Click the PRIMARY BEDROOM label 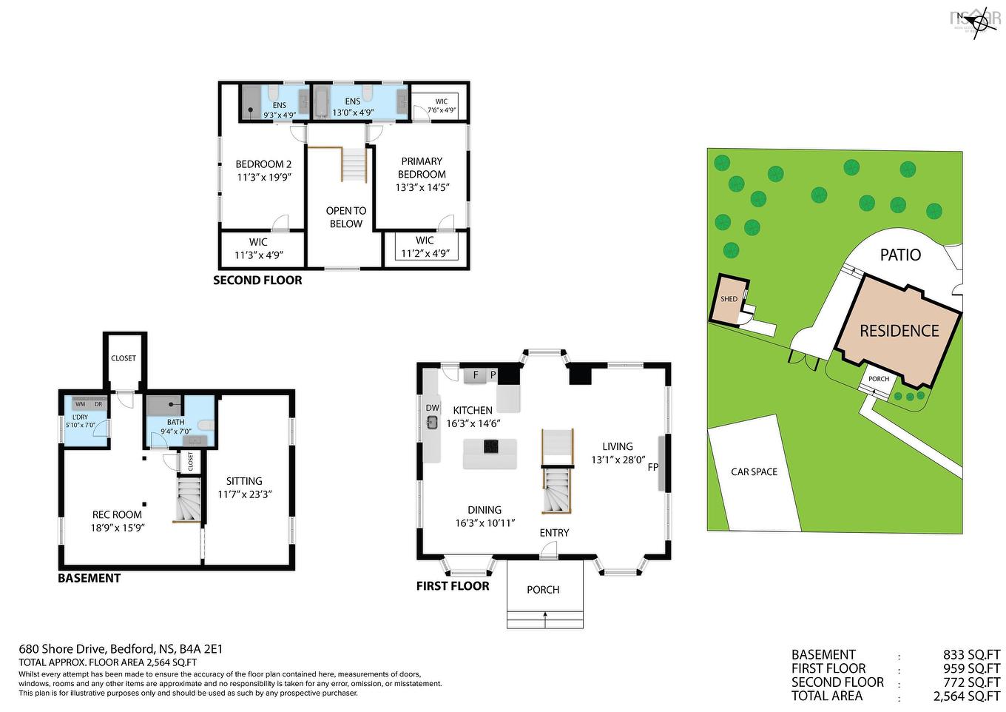point(422,168)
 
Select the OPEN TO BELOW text point(345,217)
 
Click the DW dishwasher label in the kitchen point(433,408)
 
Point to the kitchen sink point(433,422)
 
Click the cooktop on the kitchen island point(490,446)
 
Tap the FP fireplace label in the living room point(653,467)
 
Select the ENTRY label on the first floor point(554,532)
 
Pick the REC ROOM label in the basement point(117,514)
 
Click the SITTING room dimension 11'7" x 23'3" point(245,494)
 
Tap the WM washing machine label point(80,404)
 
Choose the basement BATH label point(175,422)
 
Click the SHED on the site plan point(729,299)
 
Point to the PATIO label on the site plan point(900,255)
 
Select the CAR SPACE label point(754,471)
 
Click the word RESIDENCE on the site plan point(899,331)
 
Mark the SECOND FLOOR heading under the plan point(257,281)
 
